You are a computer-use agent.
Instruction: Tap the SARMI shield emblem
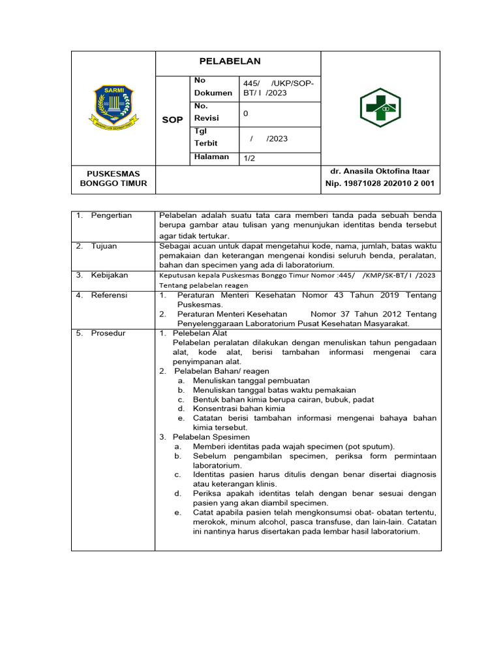pos(113,106)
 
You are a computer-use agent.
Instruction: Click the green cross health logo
pos(380,108)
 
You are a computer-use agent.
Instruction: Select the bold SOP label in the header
pos(172,120)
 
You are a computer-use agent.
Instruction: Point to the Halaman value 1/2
pos(250,158)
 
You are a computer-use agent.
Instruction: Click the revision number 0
pos(245,114)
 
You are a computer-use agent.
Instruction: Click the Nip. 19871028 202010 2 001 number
pos(380,184)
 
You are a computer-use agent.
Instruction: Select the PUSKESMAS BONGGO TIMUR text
pos(113,178)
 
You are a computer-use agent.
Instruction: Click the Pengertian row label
pos(112,215)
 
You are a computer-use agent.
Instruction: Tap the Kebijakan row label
pos(110,275)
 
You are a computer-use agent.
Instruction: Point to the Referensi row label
pos(110,296)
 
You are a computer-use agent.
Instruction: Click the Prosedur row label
pos(108,333)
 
